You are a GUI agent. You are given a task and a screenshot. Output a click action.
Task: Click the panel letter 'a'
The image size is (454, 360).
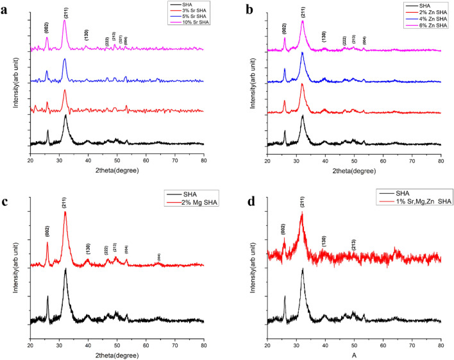(x=6, y=11)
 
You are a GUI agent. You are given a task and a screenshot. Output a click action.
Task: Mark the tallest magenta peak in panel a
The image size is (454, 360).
(x=65, y=21)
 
